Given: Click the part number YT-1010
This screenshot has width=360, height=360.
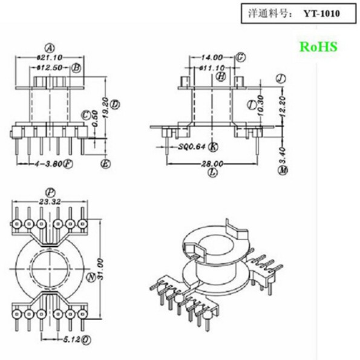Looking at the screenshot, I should (x=322, y=13).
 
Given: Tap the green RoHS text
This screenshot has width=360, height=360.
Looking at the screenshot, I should (x=318, y=47).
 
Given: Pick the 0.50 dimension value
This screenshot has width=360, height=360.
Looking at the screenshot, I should (x=96, y=123).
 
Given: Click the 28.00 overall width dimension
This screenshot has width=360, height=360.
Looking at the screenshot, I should (x=212, y=164).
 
